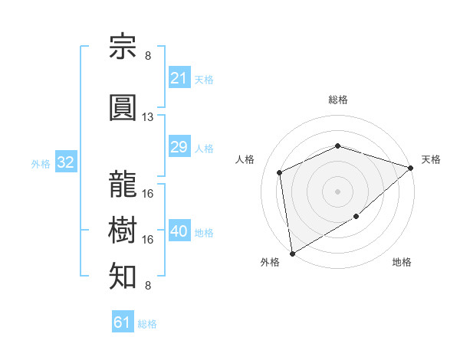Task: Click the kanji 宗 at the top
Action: (123, 46)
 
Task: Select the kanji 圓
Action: (123, 107)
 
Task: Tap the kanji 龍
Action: (123, 184)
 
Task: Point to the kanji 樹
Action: (123, 230)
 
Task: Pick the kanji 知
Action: (123, 276)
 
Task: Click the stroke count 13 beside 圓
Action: (147, 117)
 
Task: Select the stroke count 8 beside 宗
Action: (148, 56)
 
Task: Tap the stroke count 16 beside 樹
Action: (147, 240)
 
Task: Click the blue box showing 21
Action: (179, 77)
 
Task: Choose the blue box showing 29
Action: (179, 146)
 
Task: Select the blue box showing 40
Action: (179, 230)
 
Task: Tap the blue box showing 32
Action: (66, 162)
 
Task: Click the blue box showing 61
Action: (123, 321)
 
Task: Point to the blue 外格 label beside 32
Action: (41, 164)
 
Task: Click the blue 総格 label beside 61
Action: (147, 324)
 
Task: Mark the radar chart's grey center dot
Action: (337, 191)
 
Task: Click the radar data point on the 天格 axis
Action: (411, 168)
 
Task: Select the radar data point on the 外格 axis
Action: (293, 254)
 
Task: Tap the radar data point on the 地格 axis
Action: (356, 216)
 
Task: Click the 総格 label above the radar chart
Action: (338, 100)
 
